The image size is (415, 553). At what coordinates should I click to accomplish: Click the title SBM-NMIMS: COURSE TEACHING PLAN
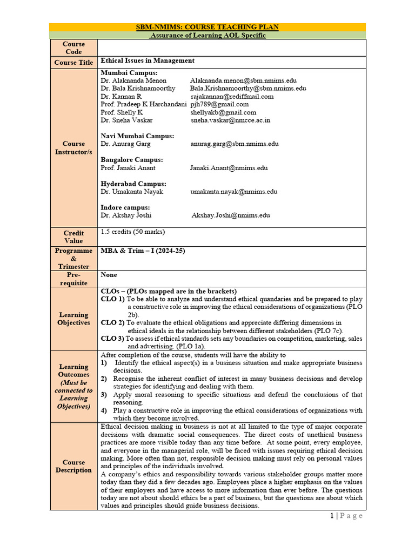pos(207,27)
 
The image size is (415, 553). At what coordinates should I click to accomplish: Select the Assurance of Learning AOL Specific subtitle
pos(207,35)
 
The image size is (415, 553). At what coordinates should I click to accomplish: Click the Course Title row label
pos(73,63)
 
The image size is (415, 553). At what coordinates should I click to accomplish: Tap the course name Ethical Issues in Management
pos(148,61)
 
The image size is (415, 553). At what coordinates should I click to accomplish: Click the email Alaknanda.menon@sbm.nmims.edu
pos(243,80)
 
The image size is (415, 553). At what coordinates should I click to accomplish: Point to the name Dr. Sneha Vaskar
pos(126,120)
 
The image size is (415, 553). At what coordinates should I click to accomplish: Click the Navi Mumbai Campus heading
pos(137,136)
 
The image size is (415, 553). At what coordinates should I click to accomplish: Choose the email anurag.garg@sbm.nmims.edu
pos(234,144)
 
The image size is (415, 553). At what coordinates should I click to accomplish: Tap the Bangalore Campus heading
pos(132,160)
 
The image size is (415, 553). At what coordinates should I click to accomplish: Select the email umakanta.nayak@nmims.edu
pos(233,192)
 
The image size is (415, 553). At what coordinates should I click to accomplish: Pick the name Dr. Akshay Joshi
pos(126,215)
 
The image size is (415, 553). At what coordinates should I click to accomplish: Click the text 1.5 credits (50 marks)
pos(133,232)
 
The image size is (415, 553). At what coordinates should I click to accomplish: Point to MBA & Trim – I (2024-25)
pos(143,251)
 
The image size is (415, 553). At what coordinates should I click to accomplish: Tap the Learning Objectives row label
pos(73,319)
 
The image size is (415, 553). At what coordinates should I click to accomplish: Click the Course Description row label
pos(73,466)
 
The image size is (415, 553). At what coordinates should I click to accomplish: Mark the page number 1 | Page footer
pos(346,516)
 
